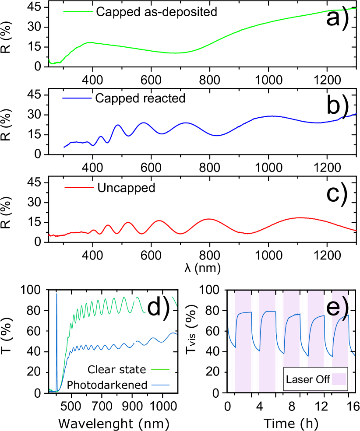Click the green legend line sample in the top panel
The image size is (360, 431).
click(x=78, y=12)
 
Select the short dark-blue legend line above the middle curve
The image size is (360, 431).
click(x=77, y=98)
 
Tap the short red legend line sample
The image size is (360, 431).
click(x=79, y=187)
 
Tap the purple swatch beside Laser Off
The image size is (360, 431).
click(x=339, y=379)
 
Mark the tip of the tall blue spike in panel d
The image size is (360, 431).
click(x=56, y=294)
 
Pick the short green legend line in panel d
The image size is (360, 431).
click(x=160, y=369)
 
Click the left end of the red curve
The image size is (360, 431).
click(x=49, y=235)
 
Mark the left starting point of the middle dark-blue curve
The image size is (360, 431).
click(x=64, y=147)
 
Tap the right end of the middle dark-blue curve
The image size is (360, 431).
click(x=356, y=114)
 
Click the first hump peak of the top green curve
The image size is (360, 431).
click(x=90, y=42)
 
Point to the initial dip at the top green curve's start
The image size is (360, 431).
click(x=53, y=63)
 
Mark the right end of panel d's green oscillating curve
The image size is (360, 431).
click(x=176, y=306)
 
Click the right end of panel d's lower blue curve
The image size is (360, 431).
click(x=177, y=334)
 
